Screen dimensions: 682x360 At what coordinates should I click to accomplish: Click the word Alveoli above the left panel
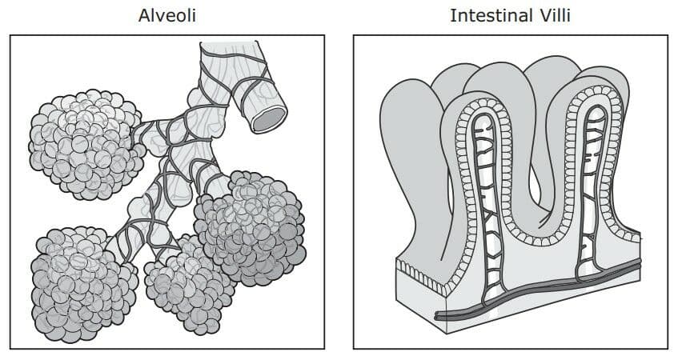click(167, 16)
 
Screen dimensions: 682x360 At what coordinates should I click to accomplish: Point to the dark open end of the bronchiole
click(269, 119)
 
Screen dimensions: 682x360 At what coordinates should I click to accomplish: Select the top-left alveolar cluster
click(86, 145)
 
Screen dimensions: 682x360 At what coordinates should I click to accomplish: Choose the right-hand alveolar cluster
click(249, 227)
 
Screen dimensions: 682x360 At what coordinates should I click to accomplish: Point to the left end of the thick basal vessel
click(438, 316)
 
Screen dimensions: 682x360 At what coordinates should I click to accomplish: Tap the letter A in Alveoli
click(144, 16)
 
